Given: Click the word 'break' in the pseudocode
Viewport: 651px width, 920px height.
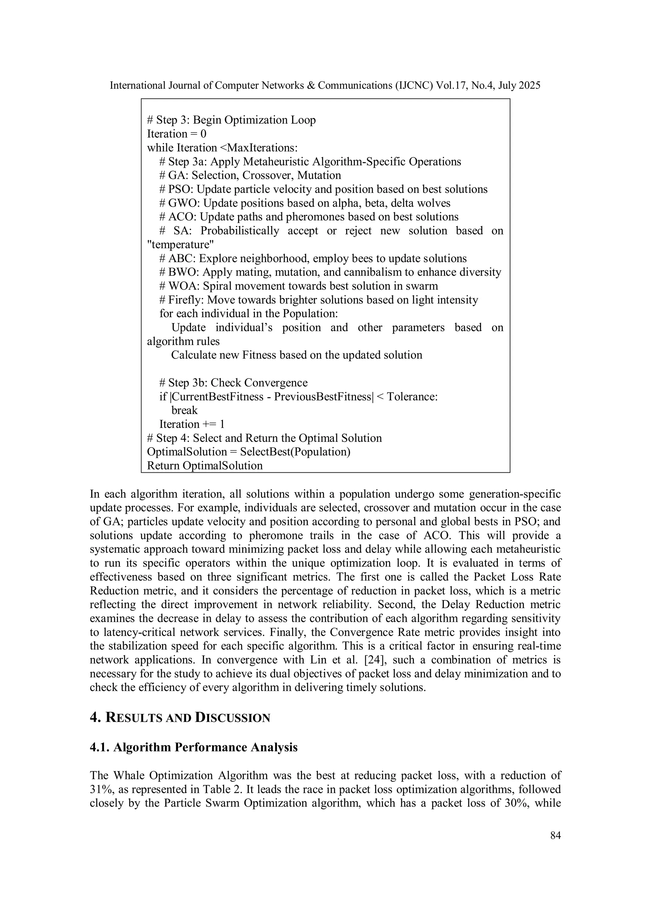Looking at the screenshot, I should [184, 410].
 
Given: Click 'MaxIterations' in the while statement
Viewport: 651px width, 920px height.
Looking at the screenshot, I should [261, 148].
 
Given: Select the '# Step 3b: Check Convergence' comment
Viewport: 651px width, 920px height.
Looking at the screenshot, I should [233, 383].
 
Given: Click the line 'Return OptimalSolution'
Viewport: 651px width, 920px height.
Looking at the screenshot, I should [205, 466].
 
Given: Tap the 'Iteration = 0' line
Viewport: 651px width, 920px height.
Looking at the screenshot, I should [177, 134].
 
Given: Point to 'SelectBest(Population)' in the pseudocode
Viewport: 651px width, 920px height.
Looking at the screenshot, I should [295, 452].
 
